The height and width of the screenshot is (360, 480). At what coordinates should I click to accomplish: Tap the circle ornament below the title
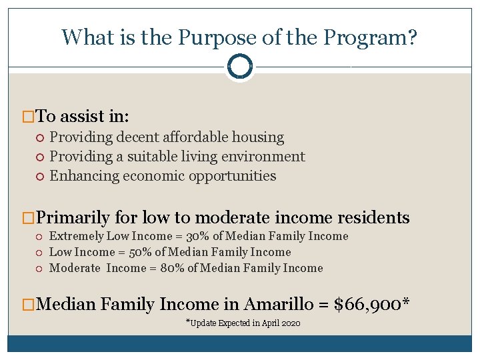(239, 66)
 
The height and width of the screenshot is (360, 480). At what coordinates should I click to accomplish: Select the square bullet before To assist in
(29, 117)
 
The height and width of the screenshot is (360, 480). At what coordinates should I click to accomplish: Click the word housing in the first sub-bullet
(258, 137)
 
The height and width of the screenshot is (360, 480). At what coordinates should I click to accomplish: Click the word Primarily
(73, 217)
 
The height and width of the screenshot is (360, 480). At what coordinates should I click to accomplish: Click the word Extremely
(77, 236)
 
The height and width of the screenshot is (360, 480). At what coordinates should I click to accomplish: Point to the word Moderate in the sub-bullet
(75, 268)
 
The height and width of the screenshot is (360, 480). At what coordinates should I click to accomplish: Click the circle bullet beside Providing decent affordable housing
(41, 138)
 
